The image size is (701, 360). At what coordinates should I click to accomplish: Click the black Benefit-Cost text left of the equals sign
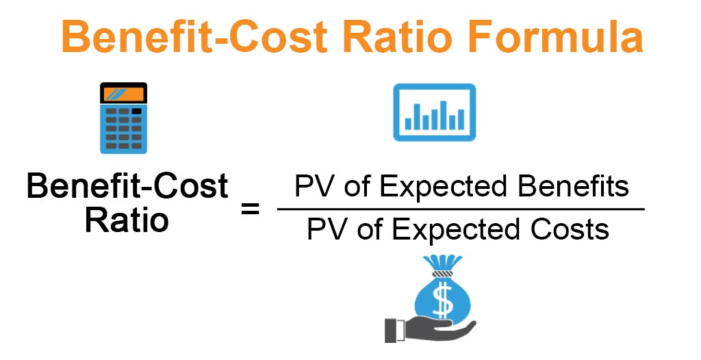click(127, 187)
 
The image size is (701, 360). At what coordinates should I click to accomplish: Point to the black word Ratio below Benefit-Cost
click(127, 220)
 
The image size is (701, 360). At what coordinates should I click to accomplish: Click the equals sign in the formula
click(251, 208)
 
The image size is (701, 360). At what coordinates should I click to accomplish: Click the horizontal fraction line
click(460, 209)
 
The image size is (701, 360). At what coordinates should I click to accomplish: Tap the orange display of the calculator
click(124, 95)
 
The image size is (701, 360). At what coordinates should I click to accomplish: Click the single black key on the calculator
click(137, 111)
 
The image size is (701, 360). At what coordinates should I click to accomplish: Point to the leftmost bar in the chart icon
click(409, 123)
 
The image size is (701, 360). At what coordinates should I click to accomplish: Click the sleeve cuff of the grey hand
click(390, 330)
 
